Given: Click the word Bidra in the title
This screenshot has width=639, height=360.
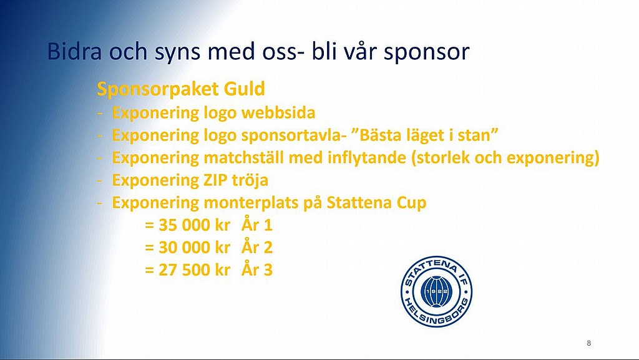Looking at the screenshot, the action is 75,51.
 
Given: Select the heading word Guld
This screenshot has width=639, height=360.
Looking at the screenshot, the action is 244,89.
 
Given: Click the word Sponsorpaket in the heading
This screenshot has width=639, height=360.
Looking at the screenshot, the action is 158,90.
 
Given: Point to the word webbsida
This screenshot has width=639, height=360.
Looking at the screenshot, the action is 278,112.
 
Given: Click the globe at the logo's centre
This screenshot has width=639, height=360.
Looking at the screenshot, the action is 436,291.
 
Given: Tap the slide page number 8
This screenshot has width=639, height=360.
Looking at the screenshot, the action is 588,343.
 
